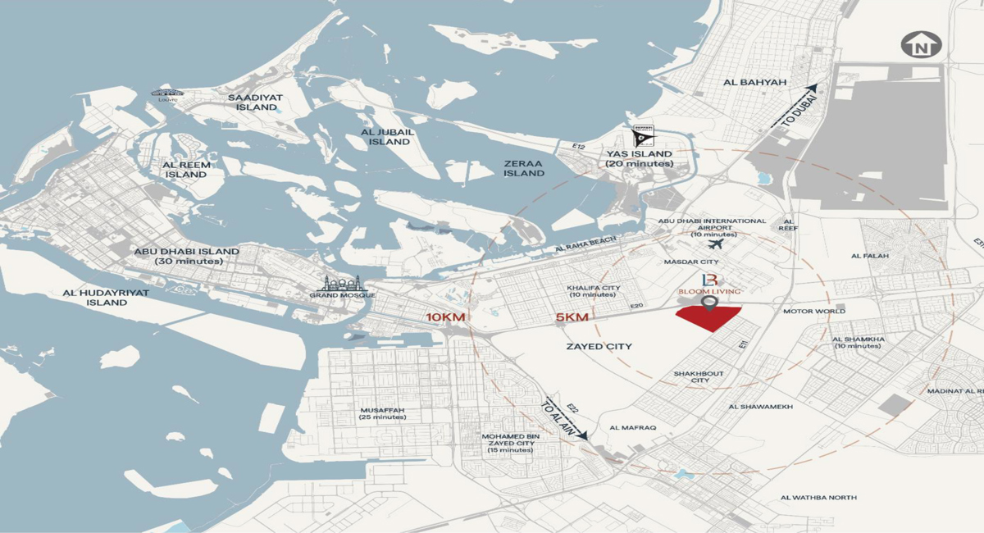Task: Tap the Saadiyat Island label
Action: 256,102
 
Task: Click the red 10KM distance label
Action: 443,317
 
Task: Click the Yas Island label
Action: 639,159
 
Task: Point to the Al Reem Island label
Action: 187,170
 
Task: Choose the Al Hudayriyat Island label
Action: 95,298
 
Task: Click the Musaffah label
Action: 382,413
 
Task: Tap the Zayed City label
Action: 599,347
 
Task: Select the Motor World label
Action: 814,312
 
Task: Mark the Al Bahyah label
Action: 744,83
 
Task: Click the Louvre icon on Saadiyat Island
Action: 167,94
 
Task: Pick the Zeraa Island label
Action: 523,168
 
